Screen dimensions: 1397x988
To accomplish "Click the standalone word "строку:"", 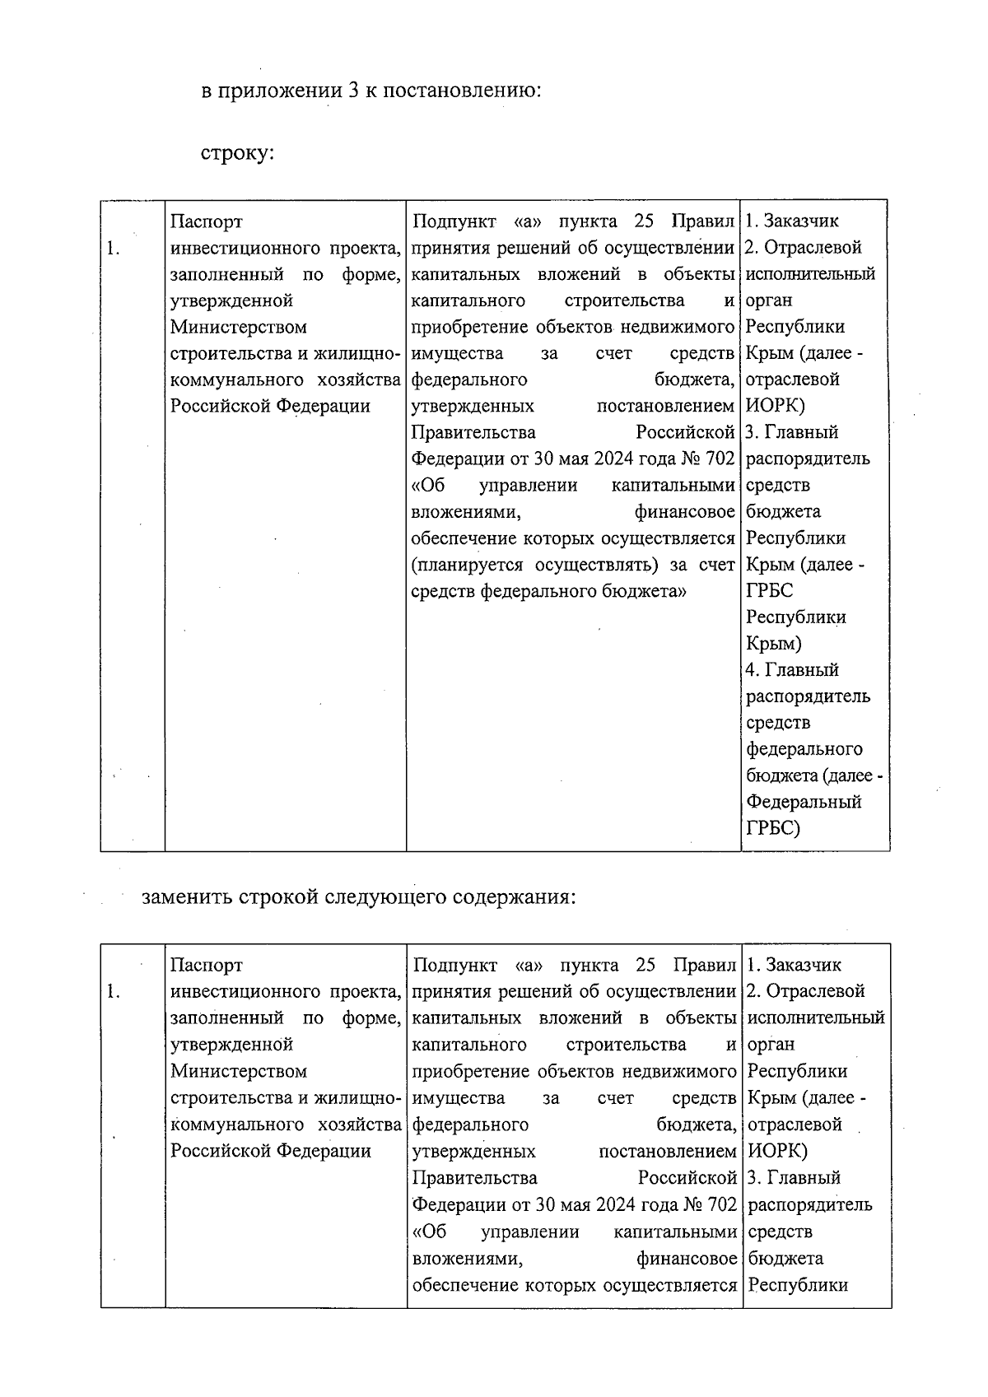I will point(237,154).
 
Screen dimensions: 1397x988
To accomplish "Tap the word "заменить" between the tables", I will point(187,896).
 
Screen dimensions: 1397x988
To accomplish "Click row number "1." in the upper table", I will point(114,248).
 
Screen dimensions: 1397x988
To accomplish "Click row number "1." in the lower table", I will point(114,991).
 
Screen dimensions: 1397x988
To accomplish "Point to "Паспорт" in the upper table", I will point(206,221).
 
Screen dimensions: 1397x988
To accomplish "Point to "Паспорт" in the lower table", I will point(206,965).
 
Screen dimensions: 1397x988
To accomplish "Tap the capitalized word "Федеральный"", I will point(804,802).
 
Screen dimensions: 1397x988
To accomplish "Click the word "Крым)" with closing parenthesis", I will point(773,644).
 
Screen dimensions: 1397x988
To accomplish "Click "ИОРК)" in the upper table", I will point(776,406).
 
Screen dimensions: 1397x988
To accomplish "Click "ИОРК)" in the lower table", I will point(776,1150).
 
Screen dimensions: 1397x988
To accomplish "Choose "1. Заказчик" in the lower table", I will point(794,965).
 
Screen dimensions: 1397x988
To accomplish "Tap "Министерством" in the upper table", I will point(238,327).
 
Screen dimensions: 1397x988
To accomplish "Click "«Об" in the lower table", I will point(429,1232).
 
